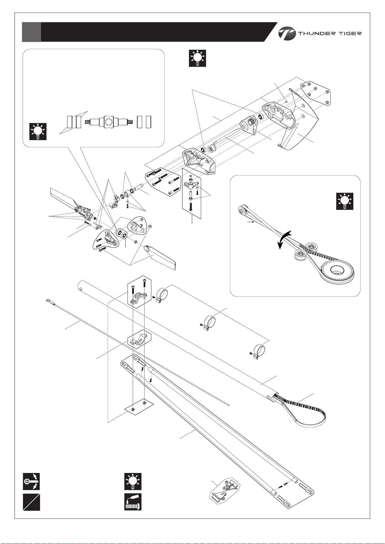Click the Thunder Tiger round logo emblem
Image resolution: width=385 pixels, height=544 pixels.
(287, 33)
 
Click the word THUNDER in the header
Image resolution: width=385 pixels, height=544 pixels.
(317, 34)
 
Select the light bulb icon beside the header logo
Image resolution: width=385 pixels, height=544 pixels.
(197, 58)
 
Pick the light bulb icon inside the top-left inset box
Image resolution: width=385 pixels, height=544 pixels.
(38, 131)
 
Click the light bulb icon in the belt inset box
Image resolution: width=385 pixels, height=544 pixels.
(345, 201)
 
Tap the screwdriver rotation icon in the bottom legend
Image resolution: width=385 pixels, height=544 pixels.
(31, 481)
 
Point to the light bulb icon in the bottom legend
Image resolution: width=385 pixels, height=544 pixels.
(133, 481)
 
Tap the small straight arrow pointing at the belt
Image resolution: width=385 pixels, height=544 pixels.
(250, 222)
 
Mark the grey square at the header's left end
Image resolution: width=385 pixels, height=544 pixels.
(31, 32)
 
